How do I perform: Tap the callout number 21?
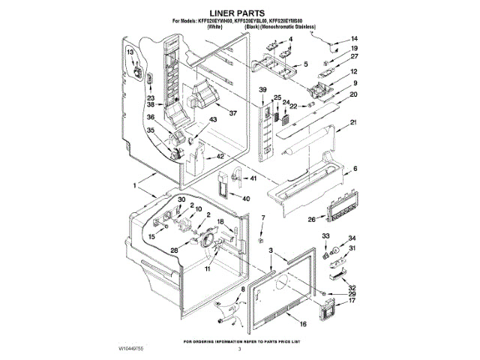353,122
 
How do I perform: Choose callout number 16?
302,324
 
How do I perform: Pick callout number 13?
130,52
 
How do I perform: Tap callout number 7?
262,217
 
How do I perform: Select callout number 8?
242,289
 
